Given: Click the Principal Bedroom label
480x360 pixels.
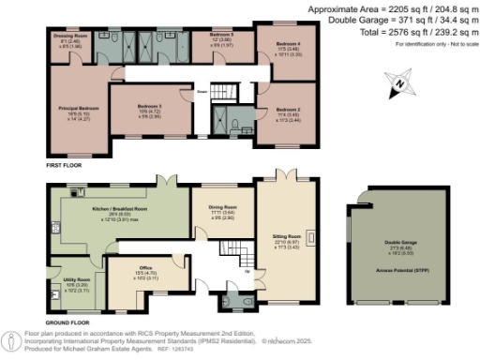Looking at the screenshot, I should tap(75, 106).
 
